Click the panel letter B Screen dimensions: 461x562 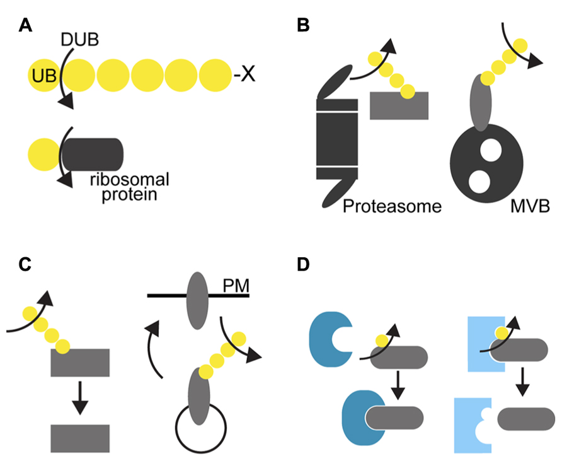point(303,25)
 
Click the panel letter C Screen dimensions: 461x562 point(26,264)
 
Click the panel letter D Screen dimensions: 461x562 point(303,264)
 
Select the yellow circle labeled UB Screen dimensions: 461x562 point(43,76)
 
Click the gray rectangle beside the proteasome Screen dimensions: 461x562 point(399,105)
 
